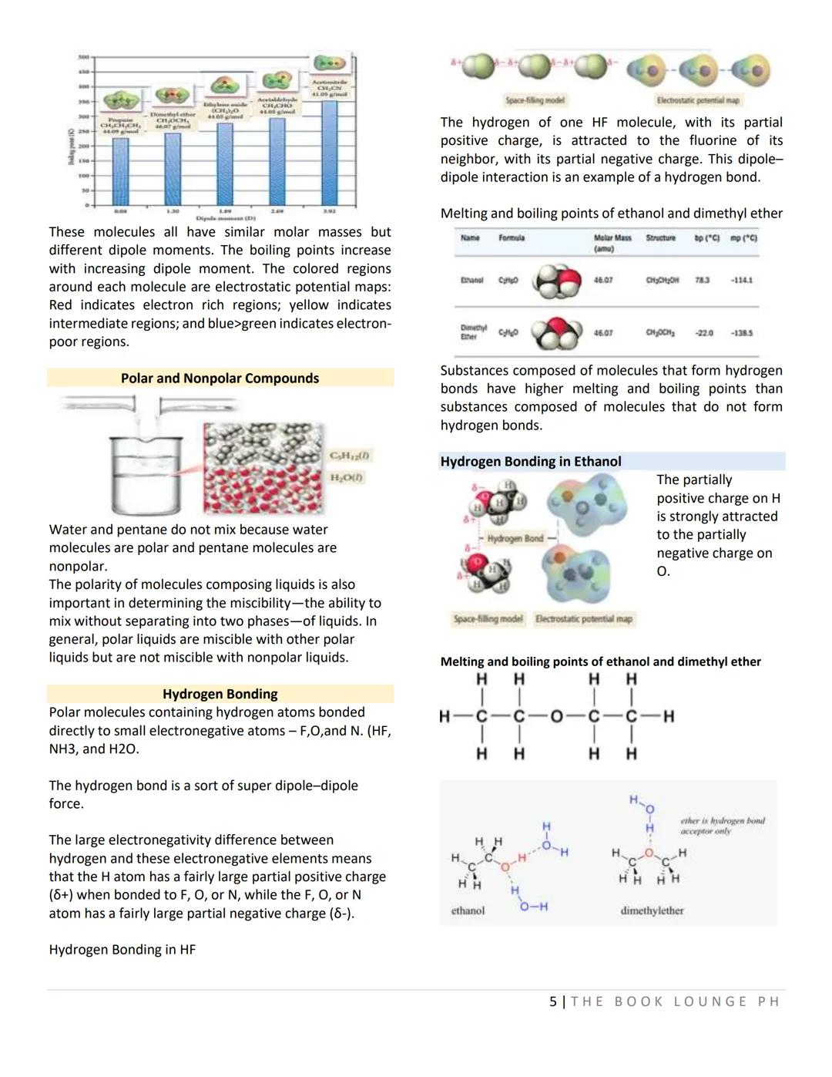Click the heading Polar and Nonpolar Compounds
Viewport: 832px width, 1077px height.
pos(220,378)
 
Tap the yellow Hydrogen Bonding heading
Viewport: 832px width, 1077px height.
pos(220,694)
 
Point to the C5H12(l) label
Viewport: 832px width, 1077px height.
pos(349,456)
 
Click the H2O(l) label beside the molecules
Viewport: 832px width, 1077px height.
pos(347,478)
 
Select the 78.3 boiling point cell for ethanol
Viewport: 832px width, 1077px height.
pos(703,281)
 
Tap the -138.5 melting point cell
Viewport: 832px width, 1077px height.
pos(741,333)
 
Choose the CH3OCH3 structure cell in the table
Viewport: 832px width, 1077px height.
pos(661,333)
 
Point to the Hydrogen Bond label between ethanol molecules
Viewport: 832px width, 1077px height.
pos(515,538)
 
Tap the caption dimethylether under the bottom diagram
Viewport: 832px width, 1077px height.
pos(652,910)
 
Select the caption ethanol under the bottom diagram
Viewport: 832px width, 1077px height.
pos(468,910)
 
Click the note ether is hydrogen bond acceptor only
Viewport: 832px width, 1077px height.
pos(722,826)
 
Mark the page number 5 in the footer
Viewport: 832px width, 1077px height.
pos(553,1001)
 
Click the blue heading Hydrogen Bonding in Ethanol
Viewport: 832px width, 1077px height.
pos(531,461)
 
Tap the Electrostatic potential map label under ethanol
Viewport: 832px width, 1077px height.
pos(584,618)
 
